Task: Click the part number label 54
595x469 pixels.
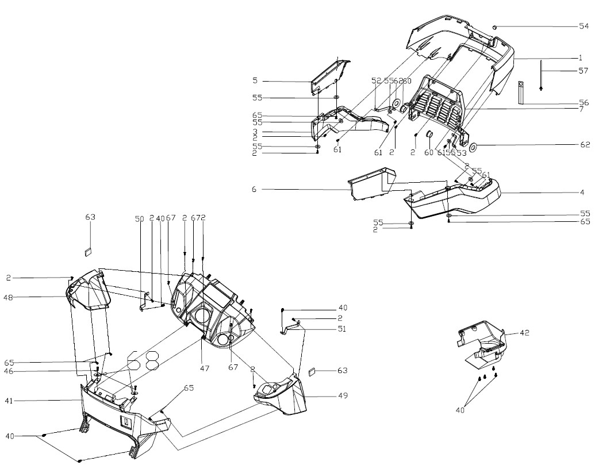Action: point(584,26)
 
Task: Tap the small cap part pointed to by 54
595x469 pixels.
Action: point(495,26)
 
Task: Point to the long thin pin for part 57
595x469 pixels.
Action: point(541,74)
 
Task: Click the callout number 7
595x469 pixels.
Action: point(581,109)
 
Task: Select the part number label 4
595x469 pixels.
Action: point(582,192)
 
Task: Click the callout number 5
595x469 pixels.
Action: point(254,81)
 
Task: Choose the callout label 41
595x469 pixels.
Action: point(9,399)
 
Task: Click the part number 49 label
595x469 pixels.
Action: point(343,396)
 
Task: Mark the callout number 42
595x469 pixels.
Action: point(524,333)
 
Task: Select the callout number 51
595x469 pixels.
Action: point(343,329)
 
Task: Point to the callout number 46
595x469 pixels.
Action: point(9,372)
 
